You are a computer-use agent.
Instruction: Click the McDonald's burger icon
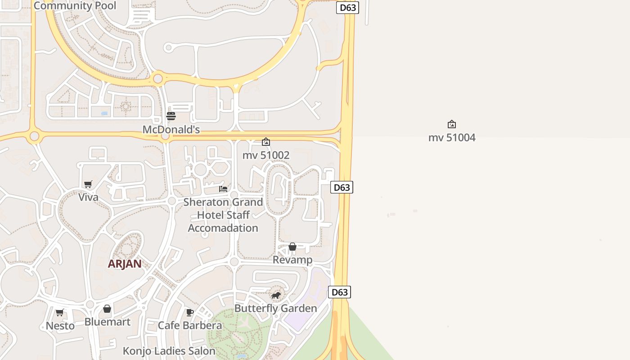coord(171,116)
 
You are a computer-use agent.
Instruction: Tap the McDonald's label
coord(171,130)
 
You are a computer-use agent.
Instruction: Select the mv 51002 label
coord(266,155)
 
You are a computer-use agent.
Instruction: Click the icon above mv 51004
coord(452,124)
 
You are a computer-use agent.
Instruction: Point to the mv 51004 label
coord(452,138)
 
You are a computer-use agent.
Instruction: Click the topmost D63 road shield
coord(347,8)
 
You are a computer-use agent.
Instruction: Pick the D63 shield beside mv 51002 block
coord(342,187)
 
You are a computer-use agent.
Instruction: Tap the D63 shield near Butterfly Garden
coord(339,292)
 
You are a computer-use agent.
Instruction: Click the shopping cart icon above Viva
coord(88,184)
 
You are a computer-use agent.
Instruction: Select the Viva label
coord(88,197)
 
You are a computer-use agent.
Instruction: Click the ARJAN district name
coord(125,264)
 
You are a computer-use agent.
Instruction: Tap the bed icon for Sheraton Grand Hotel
coord(223,189)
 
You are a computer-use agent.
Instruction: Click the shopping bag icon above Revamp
coord(292,247)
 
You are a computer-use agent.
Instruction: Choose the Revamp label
coord(292,260)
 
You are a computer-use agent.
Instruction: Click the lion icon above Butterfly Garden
coord(276,295)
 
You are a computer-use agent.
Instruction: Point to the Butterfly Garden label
coord(276,309)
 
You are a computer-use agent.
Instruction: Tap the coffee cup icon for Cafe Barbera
coord(190,312)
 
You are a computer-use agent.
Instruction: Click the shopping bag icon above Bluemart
coord(107,309)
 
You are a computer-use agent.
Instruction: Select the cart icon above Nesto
coord(60,312)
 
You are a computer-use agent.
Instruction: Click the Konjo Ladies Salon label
coord(169,351)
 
